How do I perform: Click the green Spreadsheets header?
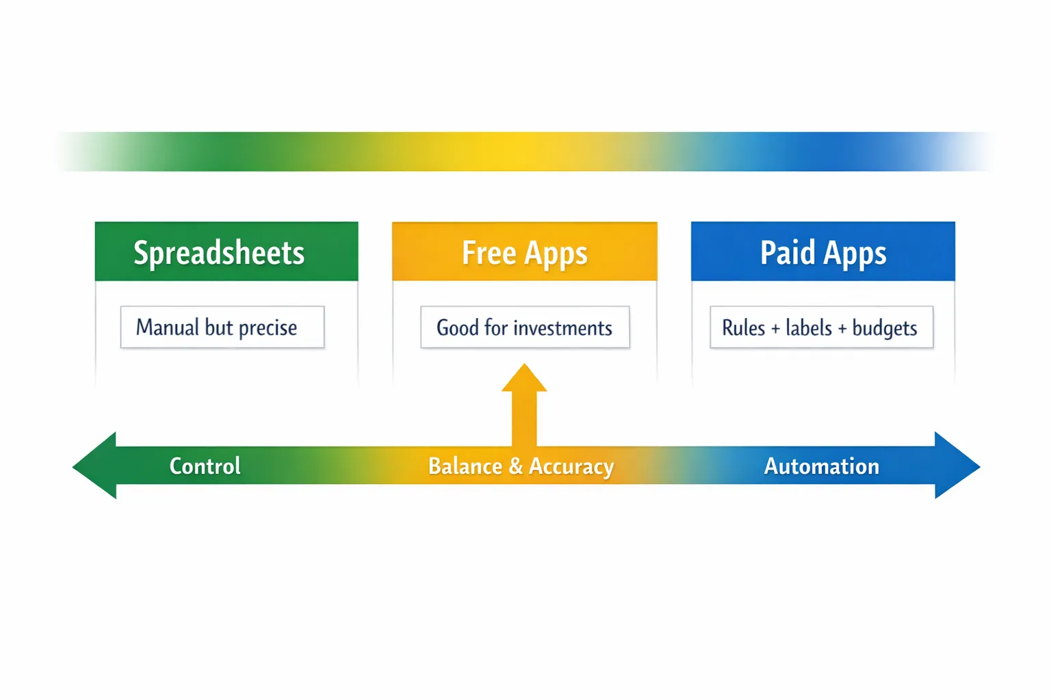[x=226, y=252]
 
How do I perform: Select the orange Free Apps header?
[x=524, y=252]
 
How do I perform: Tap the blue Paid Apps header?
[x=822, y=252]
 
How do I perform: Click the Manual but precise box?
[x=222, y=327]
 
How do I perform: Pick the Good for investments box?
[x=524, y=327]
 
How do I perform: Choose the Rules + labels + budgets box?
[x=820, y=327]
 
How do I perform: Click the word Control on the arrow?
[x=205, y=466]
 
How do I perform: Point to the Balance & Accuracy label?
[x=521, y=466]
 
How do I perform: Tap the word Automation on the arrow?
[x=821, y=466]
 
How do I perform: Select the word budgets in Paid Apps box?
[x=884, y=328]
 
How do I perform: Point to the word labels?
[x=808, y=328]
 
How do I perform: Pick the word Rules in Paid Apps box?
[x=743, y=328]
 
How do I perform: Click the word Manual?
[x=168, y=327]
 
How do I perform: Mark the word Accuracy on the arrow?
[x=571, y=466]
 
